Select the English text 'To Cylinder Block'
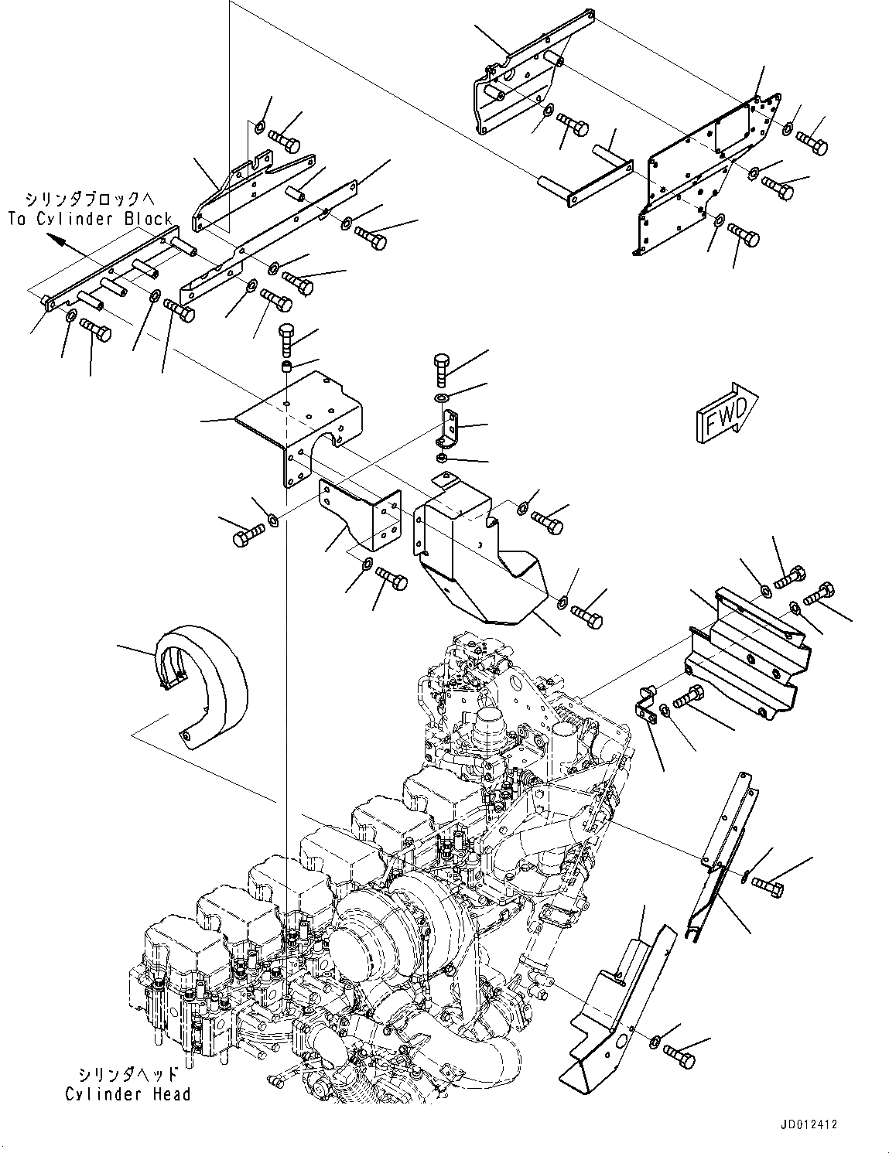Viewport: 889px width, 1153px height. coord(91,219)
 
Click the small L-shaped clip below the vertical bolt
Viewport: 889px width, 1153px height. coord(449,430)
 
